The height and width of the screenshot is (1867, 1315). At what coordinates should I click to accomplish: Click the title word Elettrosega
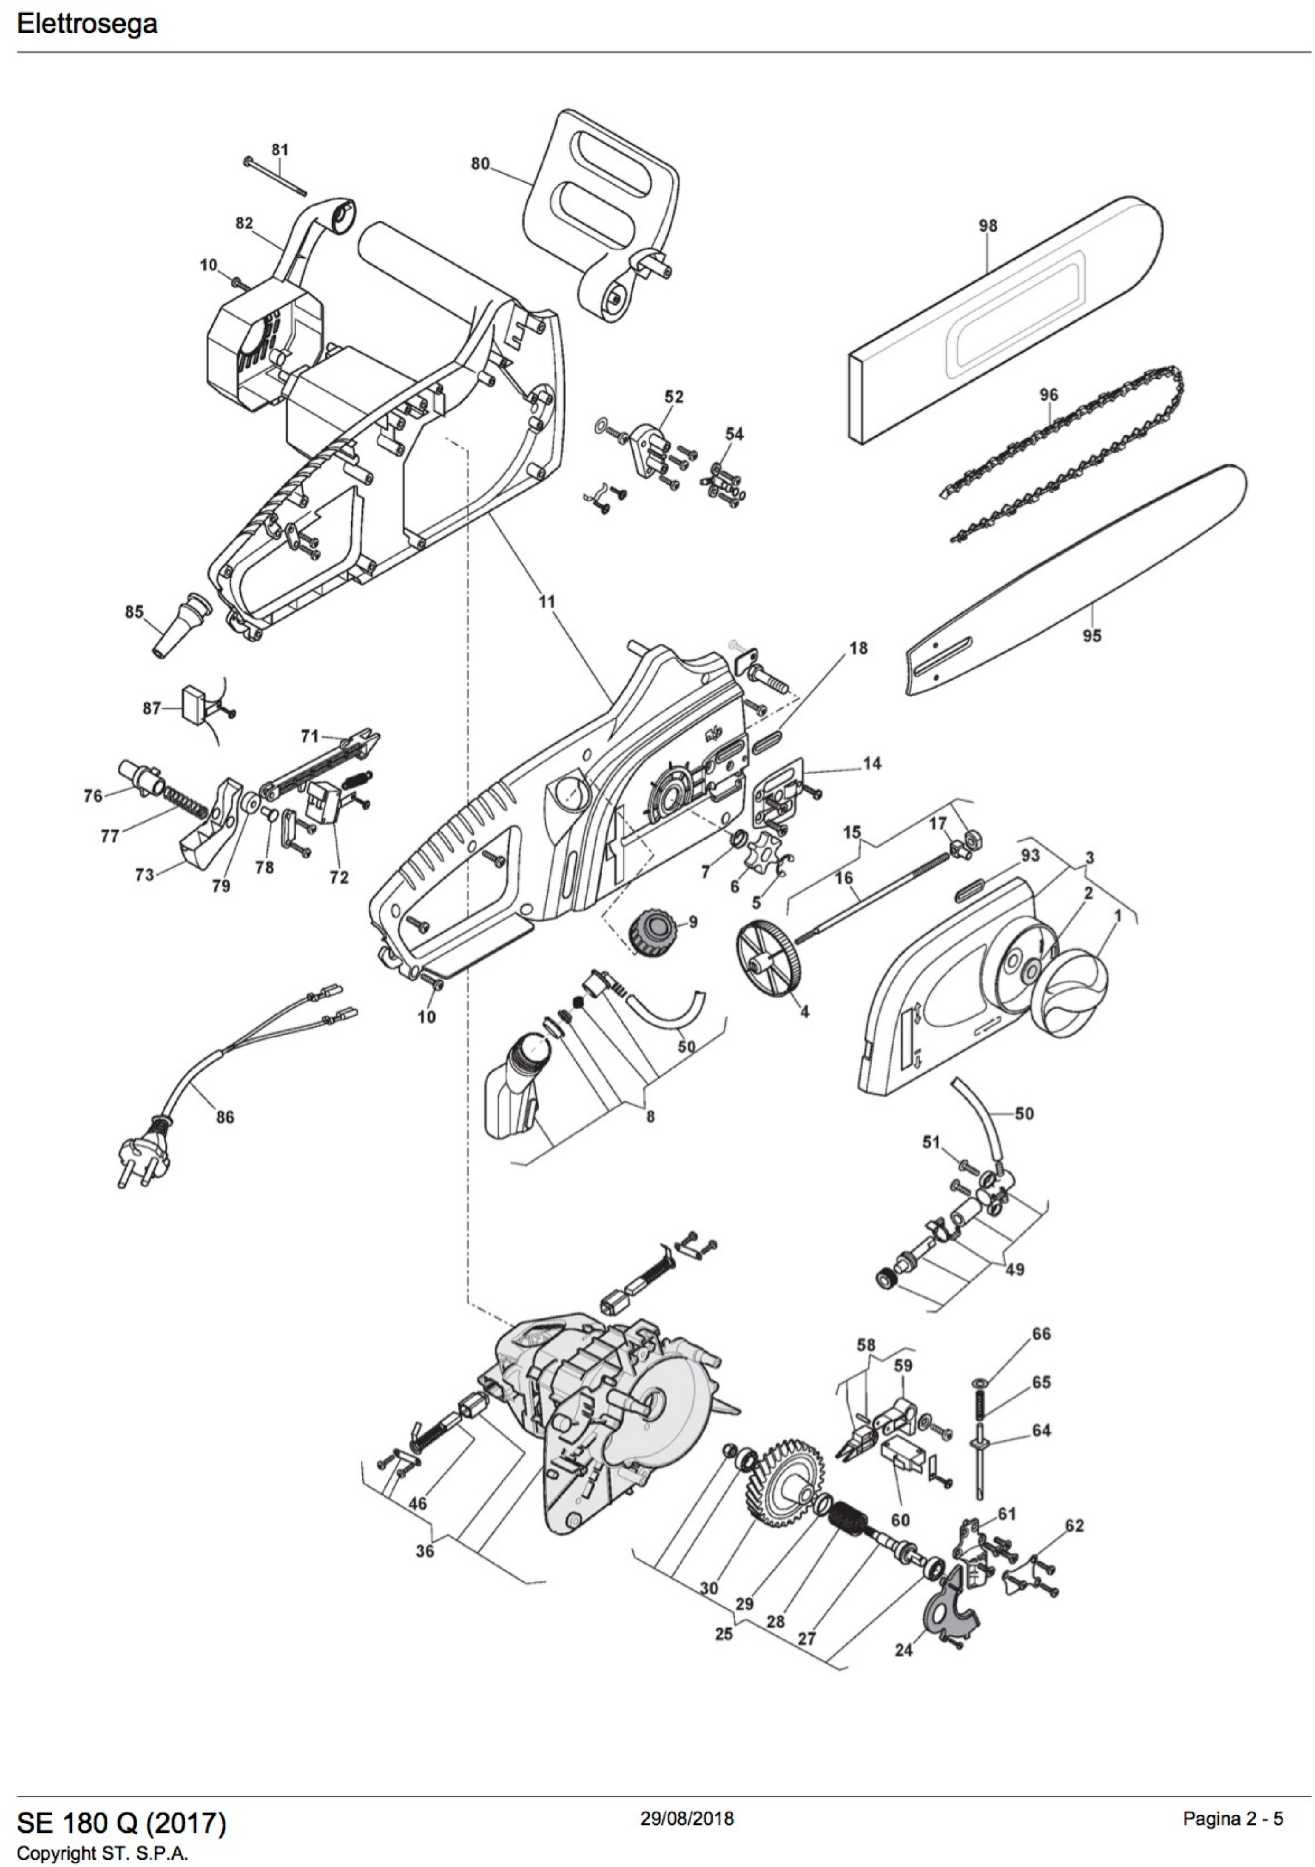87,24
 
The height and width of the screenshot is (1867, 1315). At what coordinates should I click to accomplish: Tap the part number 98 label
987,225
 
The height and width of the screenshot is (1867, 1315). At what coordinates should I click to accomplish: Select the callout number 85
134,611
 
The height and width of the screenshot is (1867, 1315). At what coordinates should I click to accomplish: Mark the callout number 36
425,1550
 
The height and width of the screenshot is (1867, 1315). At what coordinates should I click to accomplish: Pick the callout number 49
1015,1269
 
